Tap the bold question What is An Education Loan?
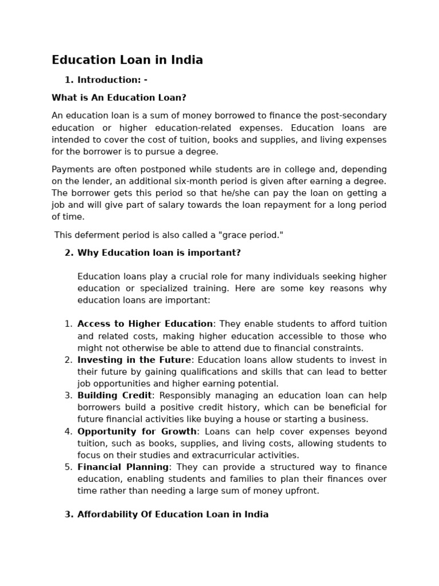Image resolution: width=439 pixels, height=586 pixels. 119,98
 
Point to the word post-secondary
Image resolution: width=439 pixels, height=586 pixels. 354,116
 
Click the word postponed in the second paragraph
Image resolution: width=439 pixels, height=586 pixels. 142,169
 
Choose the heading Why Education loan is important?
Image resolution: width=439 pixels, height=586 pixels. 159,253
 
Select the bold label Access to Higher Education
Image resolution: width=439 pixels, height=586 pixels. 145,324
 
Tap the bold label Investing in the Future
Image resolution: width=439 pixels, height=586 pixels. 134,360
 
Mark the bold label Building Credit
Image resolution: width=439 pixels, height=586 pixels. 114,395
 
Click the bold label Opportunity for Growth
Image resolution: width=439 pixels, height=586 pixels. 137,431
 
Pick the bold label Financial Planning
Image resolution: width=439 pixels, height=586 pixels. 123,467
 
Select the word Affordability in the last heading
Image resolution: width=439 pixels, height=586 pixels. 107,514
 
